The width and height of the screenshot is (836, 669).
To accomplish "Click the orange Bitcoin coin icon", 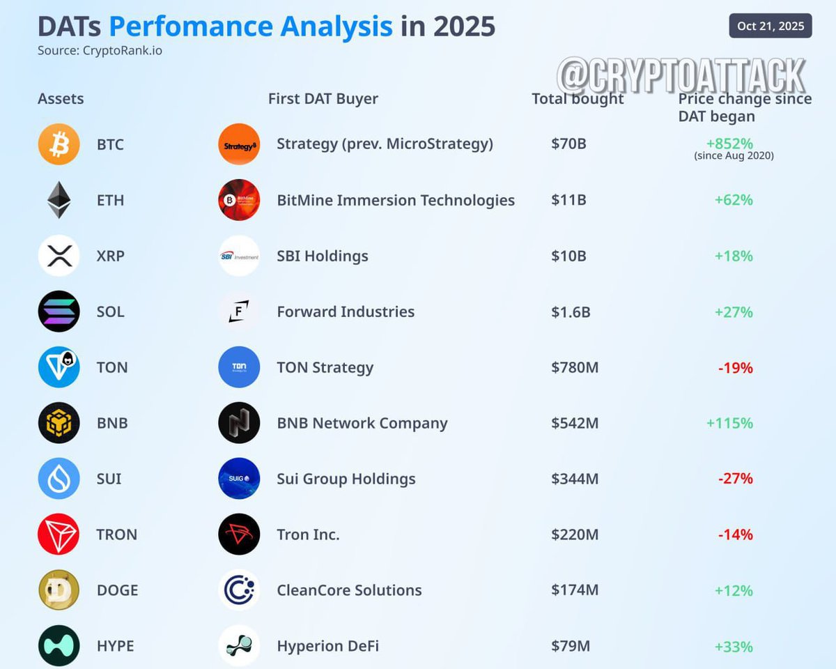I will pos(59,144).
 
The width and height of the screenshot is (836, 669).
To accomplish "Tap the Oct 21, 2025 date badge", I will pos(770,26).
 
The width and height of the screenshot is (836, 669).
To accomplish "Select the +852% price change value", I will pos(729,144).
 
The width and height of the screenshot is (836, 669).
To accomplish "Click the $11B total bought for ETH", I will pos(568,200).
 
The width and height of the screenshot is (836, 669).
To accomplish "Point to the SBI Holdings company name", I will pos(322,256).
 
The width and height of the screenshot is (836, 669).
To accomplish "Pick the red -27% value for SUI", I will pos(735,479).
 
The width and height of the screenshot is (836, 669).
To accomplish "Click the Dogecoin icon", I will pos(59,590).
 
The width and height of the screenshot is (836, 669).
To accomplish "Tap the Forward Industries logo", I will pos(239,312).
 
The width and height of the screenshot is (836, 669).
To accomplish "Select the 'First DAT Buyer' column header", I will pos(323,99).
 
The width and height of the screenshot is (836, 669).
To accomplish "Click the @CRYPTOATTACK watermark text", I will pos(681,76).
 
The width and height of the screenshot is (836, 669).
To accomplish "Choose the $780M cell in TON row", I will pos(574,367).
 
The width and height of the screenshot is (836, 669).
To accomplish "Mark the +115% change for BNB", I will pos(729,423).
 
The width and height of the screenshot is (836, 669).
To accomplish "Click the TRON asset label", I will pos(116,535).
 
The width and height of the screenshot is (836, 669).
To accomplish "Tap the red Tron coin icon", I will pos(59,535).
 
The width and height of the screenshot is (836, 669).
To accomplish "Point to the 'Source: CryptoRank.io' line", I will pos(100,50).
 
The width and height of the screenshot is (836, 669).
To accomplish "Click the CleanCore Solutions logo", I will pos(239,590).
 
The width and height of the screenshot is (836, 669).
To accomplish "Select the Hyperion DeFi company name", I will pos(327,646).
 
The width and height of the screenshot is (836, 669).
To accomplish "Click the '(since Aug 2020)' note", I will pos(734,156).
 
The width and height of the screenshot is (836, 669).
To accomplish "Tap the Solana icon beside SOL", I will pos(59,312).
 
